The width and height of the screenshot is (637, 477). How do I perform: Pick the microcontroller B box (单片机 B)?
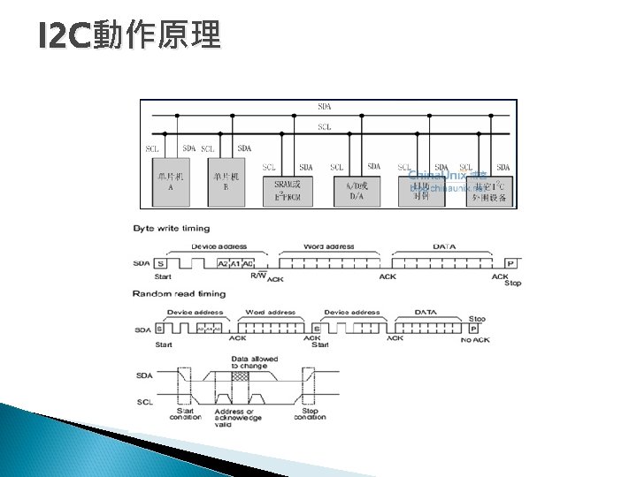click(x=226, y=181)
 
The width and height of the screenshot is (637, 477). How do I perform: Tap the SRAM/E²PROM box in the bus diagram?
click(x=288, y=190)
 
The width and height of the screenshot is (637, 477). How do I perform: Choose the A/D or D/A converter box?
click(x=357, y=190)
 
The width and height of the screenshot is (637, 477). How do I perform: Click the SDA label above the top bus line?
click(x=326, y=107)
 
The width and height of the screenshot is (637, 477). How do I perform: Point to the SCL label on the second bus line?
click(x=326, y=126)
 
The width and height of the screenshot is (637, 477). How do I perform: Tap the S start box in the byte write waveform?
click(x=161, y=263)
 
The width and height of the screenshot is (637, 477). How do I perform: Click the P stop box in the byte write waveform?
click(x=510, y=263)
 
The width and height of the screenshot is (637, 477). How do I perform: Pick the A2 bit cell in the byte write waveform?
click(x=223, y=263)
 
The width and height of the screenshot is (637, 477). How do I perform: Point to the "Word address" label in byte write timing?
click(x=329, y=246)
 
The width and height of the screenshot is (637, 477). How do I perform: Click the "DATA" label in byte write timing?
click(x=444, y=246)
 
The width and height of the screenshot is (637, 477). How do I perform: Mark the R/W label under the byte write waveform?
click(x=257, y=276)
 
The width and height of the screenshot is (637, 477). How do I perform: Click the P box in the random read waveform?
click(x=474, y=328)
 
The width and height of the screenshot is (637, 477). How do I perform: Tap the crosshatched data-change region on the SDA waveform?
click(x=241, y=375)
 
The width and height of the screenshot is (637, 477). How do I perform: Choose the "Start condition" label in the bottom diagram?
click(x=188, y=413)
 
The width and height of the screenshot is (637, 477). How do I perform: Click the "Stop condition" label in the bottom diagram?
click(x=310, y=413)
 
